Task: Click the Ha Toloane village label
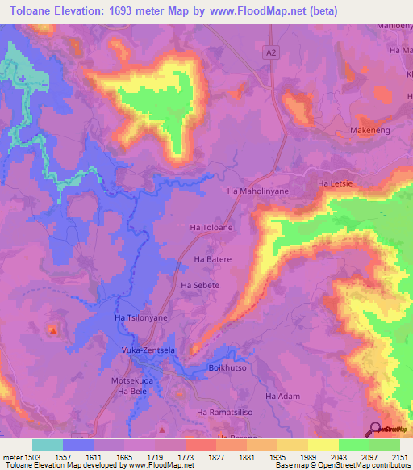[211, 229]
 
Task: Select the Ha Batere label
[213, 259]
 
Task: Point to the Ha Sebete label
[200, 285]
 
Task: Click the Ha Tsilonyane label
[142, 318]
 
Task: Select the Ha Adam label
[282, 396]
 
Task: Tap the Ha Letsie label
[336, 185]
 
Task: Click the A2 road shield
[271, 51]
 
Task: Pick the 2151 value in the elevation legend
[401, 457]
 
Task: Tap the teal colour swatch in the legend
[48, 445]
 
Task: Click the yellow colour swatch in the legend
[323, 445]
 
